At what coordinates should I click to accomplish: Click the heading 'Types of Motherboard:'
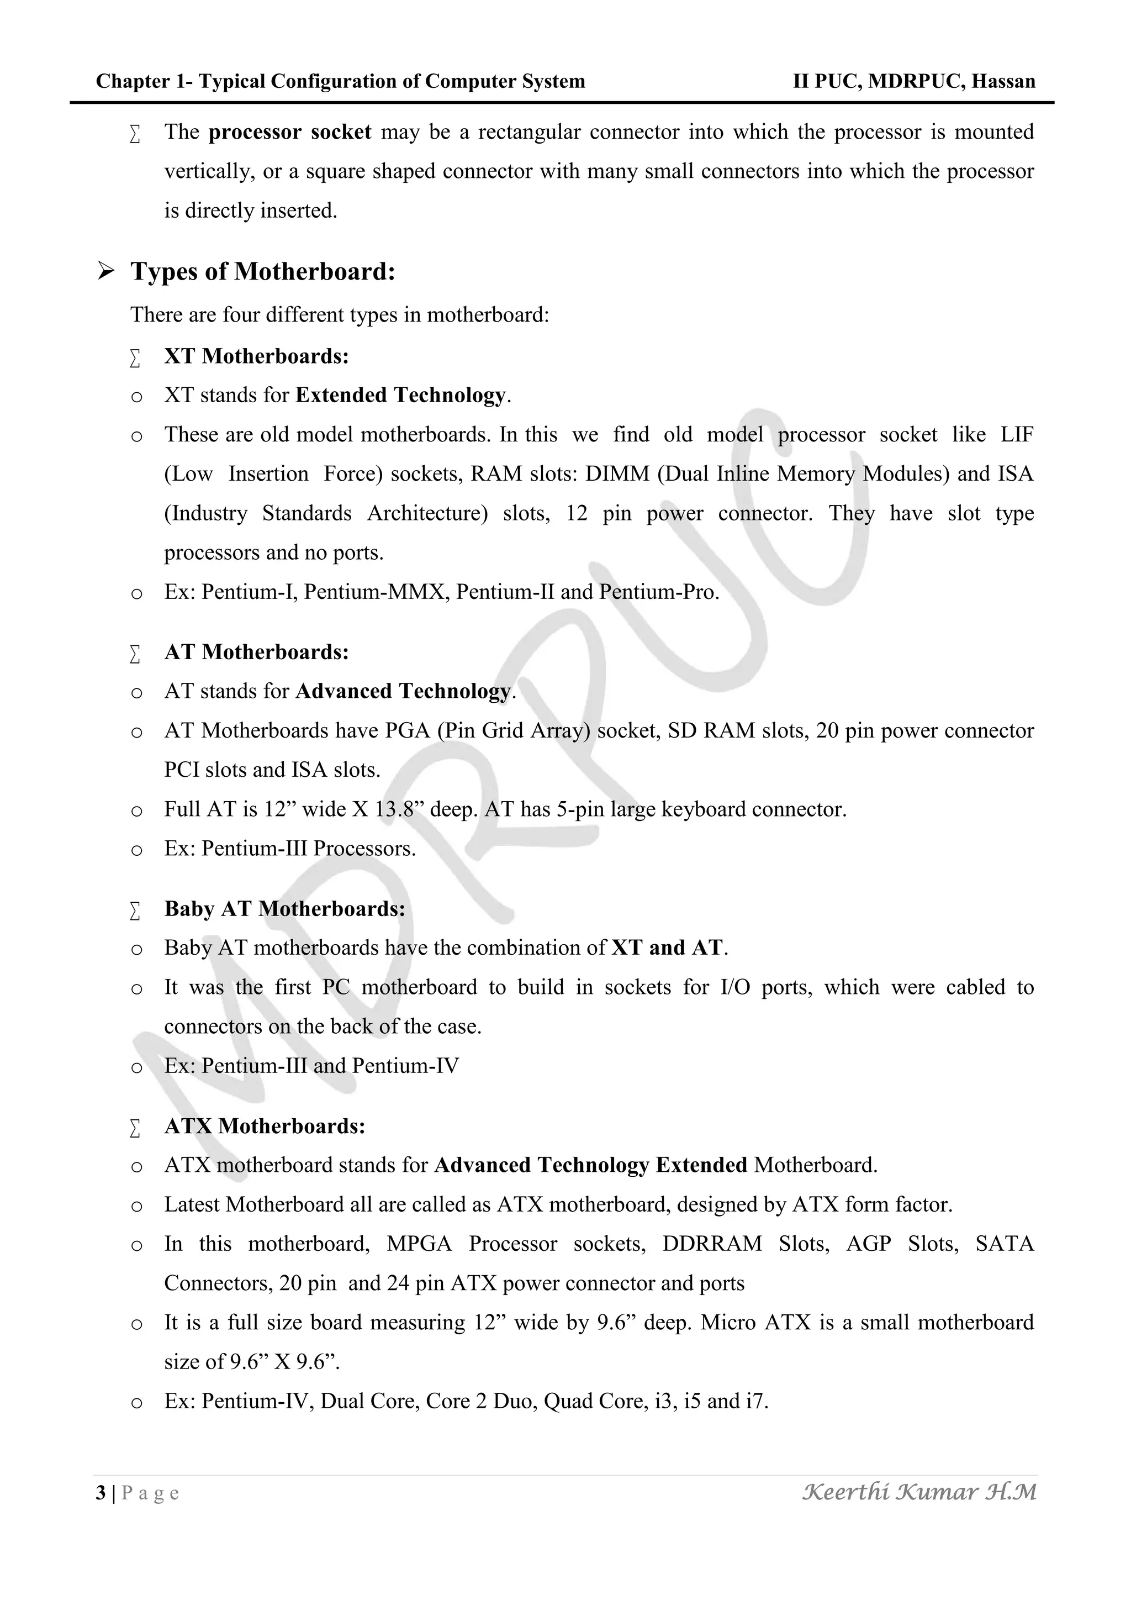[262, 272]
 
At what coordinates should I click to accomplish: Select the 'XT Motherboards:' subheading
[256, 356]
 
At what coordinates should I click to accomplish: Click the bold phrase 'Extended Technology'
[400, 395]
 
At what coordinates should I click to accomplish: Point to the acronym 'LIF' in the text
[1017, 435]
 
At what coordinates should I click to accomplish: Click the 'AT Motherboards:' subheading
[256, 652]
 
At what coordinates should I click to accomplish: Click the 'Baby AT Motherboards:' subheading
[284, 909]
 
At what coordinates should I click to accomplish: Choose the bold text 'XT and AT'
[667, 948]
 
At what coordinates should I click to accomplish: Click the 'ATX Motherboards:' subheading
[265, 1126]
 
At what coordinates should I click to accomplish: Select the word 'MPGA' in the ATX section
[419, 1244]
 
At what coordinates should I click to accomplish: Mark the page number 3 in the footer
[101, 1493]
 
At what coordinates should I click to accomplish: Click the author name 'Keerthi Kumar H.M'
[919, 1492]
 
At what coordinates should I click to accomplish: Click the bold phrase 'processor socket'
[290, 133]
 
